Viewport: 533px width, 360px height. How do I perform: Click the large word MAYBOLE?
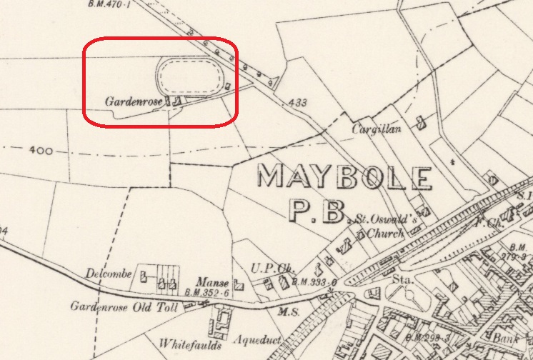(x=344, y=176)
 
